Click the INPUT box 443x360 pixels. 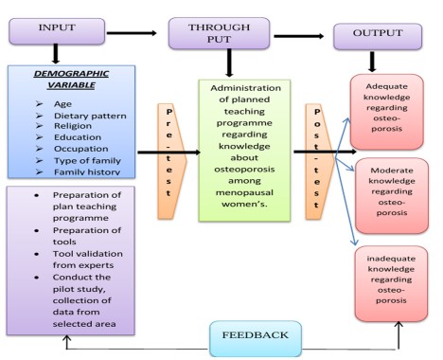tap(57, 31)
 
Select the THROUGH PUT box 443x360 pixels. tap(219, 33)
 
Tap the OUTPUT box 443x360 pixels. tap(378, 36)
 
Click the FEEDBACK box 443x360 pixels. tap(256, 338)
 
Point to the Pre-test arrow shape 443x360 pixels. tap(171, 161)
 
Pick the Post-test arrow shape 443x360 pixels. tap(319, 161)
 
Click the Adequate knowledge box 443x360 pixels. tap(387, 112)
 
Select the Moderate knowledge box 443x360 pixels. tap(392, 196)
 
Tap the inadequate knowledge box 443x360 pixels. tap(391, 283)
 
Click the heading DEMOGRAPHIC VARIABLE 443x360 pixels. tap(71, 80)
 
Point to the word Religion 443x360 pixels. tap(73, 126)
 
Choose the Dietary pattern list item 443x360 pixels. tap(90, 116)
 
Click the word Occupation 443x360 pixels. tap(81, 149)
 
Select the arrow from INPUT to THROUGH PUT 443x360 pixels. tap(132, 33)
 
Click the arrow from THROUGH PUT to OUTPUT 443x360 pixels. tap(299, 36)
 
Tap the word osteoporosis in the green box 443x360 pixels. tap(244, 170)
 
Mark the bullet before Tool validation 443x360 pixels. tap(37, 254)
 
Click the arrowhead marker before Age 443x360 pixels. tap(39, 103)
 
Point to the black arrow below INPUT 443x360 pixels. tap(56, 54)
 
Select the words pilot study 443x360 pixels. tap(80, 289)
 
